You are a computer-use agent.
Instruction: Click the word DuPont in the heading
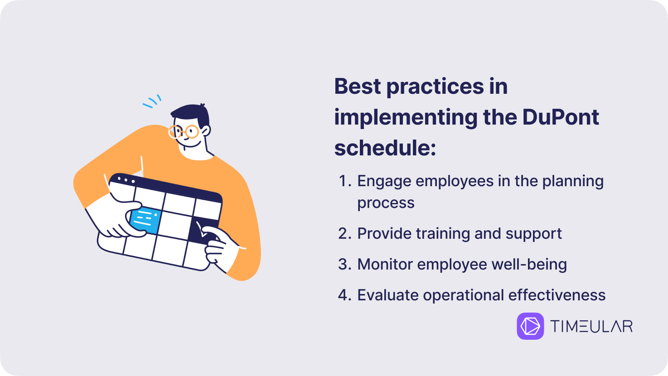coord(561,117)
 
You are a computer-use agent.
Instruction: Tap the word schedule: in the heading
coord(385,148)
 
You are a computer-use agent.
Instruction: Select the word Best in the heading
coord(357,87)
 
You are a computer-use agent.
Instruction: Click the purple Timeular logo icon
coord(530,326)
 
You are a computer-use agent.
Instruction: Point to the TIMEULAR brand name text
coord(591,326)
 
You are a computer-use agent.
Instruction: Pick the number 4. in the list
coord(345,295)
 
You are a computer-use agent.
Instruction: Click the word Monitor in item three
coord(385,265)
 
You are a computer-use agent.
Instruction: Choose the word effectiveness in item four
coord(557,295)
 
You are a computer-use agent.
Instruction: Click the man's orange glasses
coord(184,132)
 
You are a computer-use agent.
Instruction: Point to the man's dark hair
coord(191,115)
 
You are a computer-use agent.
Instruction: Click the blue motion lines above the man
coord(152,101)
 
